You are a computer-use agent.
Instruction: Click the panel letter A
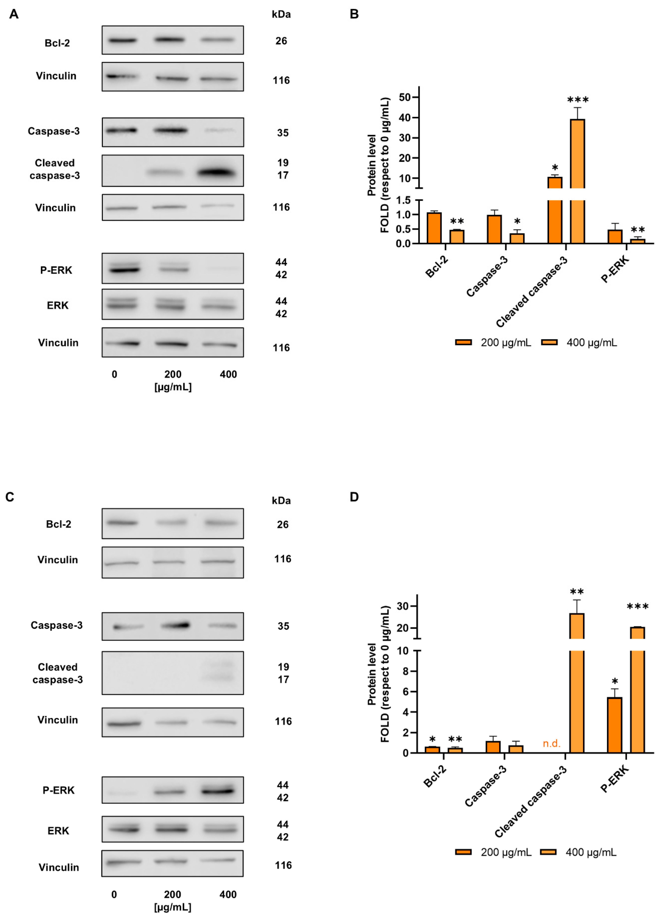[x=14, y=14]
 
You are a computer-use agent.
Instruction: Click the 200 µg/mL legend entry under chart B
[x=493, y=342]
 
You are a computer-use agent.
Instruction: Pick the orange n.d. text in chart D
[x=551, y=743]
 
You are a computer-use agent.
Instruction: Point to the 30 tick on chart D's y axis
[x=403, y=606]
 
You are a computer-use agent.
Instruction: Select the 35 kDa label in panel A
[x=283, y=133]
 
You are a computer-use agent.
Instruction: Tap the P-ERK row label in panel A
[x=56, y=270]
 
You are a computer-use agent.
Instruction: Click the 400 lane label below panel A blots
[x=228, y=374]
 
